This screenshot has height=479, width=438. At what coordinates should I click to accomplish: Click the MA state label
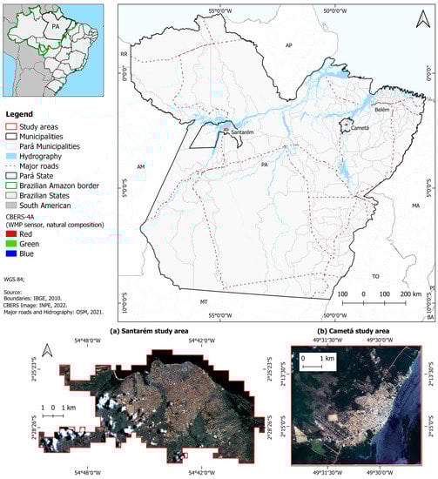click(x=415, y=206)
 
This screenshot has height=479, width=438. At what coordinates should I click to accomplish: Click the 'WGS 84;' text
click(x=15, y=278)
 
